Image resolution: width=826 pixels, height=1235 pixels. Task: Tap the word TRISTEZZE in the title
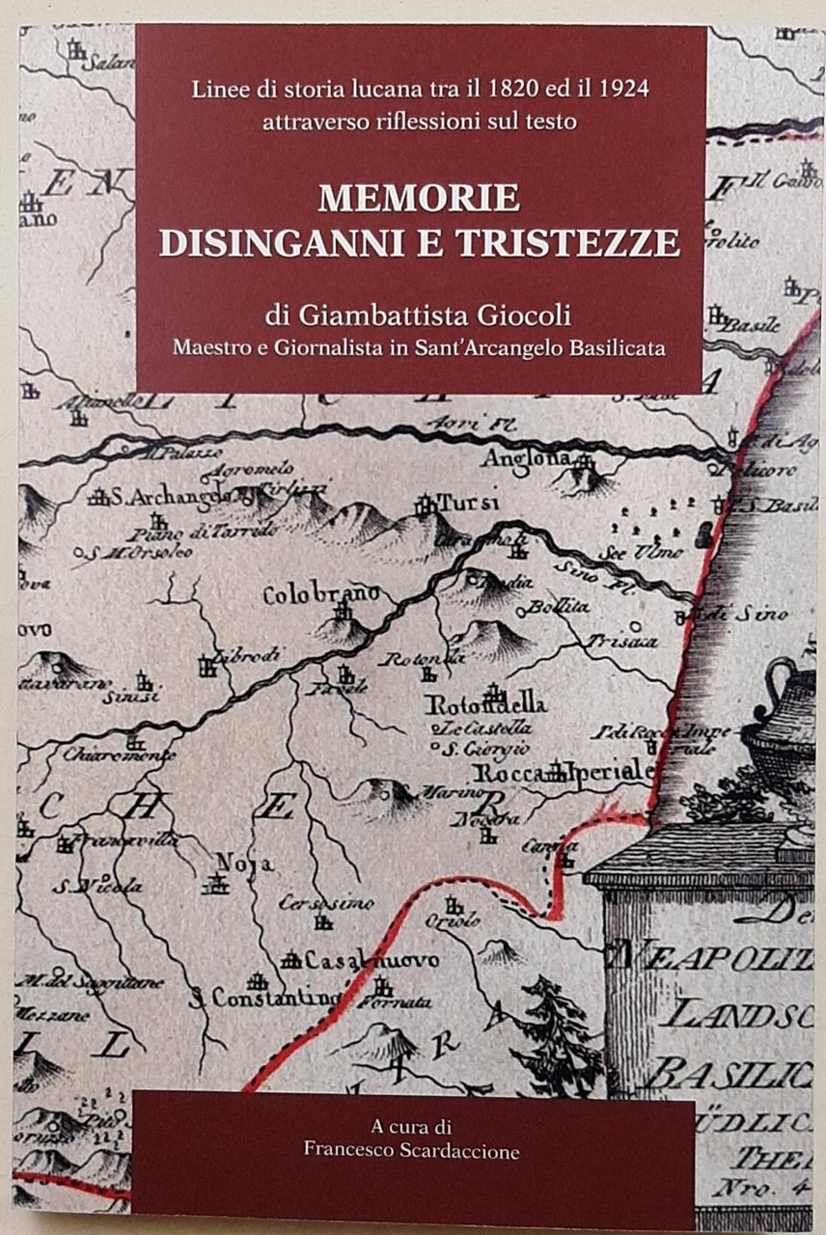tap(568, 243)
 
